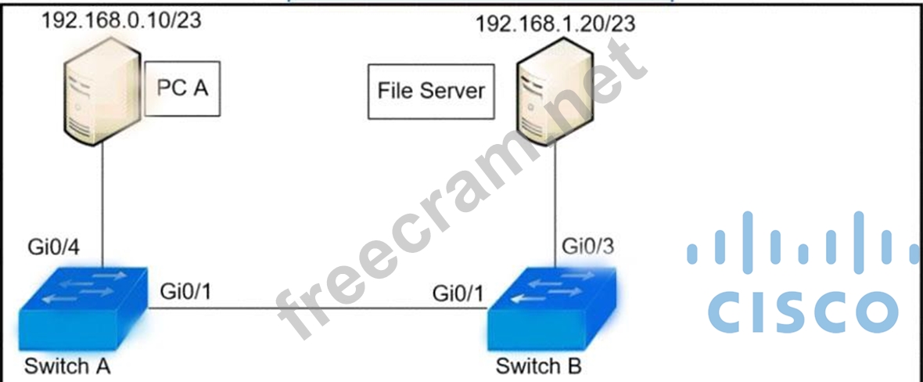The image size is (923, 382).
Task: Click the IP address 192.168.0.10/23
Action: coord(121,20)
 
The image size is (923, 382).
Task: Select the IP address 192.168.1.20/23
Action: coord(555,23)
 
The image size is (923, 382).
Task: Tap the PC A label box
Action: coord(182,88)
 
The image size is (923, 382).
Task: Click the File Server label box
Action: coord(431,91)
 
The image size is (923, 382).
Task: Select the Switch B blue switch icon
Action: coord(551,309)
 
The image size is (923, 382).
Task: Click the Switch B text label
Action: coord(539,366)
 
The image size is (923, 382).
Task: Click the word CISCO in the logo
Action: coord(802,311)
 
